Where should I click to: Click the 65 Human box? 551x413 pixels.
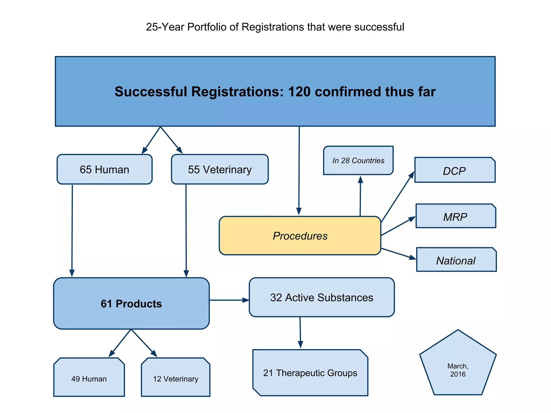pos(104,169)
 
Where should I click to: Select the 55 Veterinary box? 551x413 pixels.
pos(220,169)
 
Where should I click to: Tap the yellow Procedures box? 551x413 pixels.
pos(300,236)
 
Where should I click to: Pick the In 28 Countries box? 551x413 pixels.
pos(358,160)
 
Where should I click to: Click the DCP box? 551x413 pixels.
pos(454,170)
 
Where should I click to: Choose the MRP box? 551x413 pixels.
pos(455,216)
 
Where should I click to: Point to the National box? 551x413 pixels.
pos(456,260)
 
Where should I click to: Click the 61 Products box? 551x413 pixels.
pos(131,303)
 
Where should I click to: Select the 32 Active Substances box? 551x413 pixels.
pos(322,297)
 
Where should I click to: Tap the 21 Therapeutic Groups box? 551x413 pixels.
pos(310,373)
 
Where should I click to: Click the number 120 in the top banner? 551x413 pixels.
pos(299,92)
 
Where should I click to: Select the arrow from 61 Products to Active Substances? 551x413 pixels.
pos(229,300)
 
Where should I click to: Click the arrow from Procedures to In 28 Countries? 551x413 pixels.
pos(360,197)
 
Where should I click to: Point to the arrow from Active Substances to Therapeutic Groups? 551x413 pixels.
pos(300,332)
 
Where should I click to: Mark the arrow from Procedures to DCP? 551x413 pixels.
pos(397,197)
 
